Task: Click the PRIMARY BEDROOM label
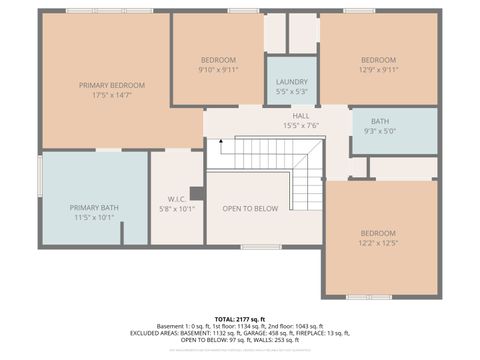tap(106, 85)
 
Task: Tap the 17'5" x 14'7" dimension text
tap(106, 95)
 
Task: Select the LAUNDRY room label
tap(292, 81)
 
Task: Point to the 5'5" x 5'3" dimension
tap(292, 91)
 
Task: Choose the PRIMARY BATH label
tap(95, 207)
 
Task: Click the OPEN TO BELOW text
tap(250, 208)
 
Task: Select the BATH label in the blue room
tap(380, 120)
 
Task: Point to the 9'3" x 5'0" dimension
tap(380, 130)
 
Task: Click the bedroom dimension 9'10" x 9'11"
tap(217, 70)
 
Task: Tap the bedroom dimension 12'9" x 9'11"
tap(378, 70)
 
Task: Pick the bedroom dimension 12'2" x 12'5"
tap(378, 242)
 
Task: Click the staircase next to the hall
tap(270, 167)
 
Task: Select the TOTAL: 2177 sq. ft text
tap(240, 318)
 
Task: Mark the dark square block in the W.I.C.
tap(197, 192)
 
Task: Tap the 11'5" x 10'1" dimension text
tap(95, 217)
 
